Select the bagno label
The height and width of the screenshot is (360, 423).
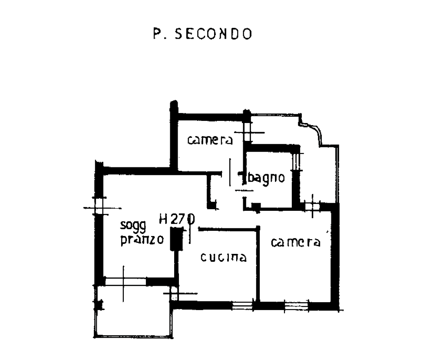(x=266, y=178)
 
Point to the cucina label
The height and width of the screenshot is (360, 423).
(x=224, y=257)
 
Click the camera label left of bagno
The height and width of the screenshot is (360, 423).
(x=210, y=140)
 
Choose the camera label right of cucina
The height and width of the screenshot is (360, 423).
(x=295, y=242)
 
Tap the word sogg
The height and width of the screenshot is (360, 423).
(x=133, y=226)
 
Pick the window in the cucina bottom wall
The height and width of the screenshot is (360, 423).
(x=242, y=305)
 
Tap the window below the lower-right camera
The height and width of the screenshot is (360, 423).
(x=297, y=306)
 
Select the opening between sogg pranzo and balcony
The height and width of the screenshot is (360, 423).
(x=125, y=281)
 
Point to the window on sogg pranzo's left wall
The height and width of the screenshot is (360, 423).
(x=99, y=207)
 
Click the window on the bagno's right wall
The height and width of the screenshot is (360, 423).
(x=296, y=161)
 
